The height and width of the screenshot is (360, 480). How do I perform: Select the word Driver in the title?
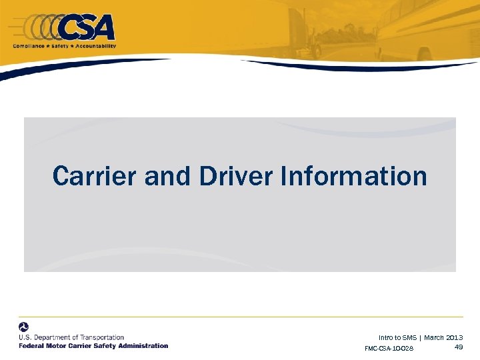pos(236,177)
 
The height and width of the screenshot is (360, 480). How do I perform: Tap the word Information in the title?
pos(354,177)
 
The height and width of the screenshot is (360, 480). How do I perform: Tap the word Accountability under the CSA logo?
pos(95,46)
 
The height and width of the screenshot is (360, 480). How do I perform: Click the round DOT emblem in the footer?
pos(24,327)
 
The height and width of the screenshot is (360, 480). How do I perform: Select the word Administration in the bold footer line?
pos(143,346)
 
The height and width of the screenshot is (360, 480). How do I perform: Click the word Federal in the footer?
pos(31,346)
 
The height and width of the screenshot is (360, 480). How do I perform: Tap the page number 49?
pos(459,347)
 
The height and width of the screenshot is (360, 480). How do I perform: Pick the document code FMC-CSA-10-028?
pos(389,349)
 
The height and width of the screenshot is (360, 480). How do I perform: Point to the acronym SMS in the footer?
pos(408,338)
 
